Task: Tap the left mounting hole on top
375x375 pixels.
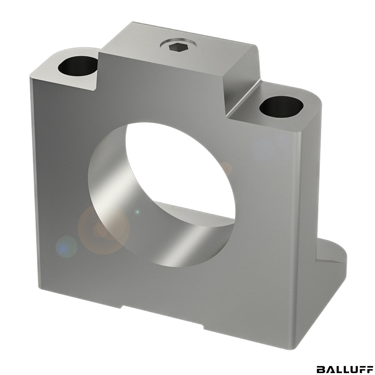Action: tap(78, 65)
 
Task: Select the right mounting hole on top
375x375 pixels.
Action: tap(282, 106)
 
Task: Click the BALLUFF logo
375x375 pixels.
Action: tap(345, 369)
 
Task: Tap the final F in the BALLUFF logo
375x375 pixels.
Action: tap(369, 369)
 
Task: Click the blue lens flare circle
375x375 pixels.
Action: tap(66, 247)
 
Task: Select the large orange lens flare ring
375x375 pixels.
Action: tap(103, 229)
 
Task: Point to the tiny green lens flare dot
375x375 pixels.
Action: tap(137, 212)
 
